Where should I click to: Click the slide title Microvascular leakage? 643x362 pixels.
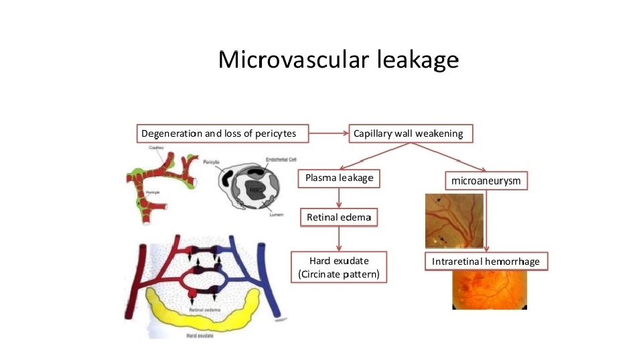pos(338,60)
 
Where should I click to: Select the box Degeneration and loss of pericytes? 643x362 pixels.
pos(218,133)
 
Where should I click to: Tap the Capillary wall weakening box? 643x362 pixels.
pos(408,133)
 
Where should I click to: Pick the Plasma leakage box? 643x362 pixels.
pos(339,178)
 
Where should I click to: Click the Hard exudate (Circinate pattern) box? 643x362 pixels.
pos(339,267)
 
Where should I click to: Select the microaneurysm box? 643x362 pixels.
pos(486,180)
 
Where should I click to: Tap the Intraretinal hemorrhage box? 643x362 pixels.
pos(486,261)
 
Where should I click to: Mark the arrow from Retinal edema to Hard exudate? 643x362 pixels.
pos(340,239)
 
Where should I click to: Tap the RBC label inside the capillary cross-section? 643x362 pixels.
pos(255,190)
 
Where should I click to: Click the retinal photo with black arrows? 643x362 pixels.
pos(453,221)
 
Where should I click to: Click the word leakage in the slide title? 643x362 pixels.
pos(418,60)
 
